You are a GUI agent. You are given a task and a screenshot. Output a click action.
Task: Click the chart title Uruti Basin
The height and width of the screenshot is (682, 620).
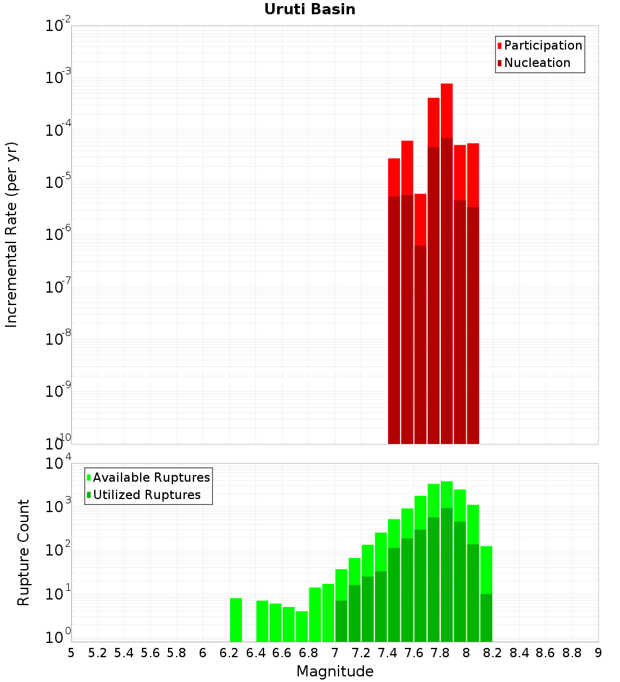(310, 9)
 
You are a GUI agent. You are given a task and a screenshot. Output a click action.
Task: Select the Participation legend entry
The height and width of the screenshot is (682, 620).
(539, 45)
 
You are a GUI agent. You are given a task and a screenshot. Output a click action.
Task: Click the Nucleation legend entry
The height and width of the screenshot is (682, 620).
(534, 63)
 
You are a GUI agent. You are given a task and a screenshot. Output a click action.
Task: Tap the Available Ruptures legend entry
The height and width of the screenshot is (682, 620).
(148, 477)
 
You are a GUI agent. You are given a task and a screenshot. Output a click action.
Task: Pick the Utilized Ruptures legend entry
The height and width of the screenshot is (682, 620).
(144, 495)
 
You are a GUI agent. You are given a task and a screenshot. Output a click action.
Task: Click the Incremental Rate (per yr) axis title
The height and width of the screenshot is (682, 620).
(11, 234)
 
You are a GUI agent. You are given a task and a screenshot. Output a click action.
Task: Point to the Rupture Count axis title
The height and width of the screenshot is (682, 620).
(23, 552)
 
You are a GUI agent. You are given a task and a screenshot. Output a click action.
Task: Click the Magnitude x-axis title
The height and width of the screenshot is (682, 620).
(335, 671)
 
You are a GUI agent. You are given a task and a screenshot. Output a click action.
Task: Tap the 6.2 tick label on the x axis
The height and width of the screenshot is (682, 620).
(229, 653)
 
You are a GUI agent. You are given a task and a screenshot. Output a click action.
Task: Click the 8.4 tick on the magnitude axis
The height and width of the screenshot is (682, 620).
(519, 653)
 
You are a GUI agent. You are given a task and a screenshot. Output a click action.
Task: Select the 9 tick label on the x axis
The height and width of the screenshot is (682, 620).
(598, 653)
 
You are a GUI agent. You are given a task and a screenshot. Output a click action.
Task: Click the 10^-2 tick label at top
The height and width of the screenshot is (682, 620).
(58, 24)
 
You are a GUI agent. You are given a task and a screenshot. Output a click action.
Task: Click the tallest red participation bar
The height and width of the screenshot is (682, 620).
(447, 263)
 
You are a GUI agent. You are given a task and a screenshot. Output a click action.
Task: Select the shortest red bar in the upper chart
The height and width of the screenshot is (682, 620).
(420, 319)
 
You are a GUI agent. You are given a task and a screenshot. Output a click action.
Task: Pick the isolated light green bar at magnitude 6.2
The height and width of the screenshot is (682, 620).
(236, 620)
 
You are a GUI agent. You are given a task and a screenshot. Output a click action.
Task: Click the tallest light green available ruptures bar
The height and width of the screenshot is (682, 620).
(447, 562)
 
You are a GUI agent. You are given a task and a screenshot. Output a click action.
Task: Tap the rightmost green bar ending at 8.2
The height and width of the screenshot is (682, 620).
(487, 594)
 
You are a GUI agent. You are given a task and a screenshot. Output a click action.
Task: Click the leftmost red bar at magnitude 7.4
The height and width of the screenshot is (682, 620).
(394, 301)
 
